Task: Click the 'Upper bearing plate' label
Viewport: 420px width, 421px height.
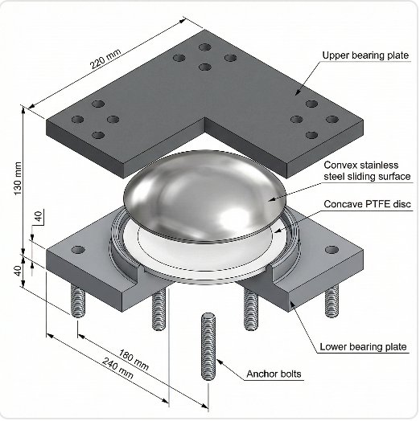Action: (x=365, y=55)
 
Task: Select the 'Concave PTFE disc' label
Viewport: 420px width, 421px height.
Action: (x=367, y=204)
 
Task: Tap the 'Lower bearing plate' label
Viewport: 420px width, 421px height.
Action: (x=363, y=346)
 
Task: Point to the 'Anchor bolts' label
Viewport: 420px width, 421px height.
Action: (x=274, y=374)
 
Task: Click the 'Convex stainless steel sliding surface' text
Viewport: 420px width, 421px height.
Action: (x=367, y=171)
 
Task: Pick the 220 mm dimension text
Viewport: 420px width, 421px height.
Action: (x=105, y=59)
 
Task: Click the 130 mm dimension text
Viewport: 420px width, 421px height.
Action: (x=18, y=178)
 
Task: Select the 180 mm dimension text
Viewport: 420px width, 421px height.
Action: (x=134, y=360)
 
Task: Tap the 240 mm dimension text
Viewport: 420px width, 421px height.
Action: (x=117, y=368)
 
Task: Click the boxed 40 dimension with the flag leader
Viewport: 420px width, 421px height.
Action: (x=39, y=216)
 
